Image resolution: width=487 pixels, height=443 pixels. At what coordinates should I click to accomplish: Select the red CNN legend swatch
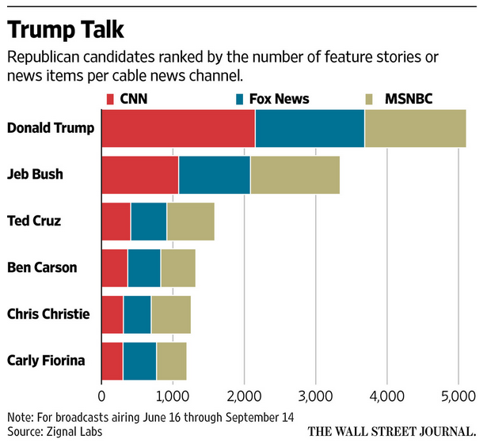pyautogui.click(x=111, y=99)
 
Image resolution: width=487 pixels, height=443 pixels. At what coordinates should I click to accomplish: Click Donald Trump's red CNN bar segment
pyautogui.click(x=178, y=127)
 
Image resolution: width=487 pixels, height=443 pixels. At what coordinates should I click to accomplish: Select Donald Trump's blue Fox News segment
pyautogui.click(x=310, y=127)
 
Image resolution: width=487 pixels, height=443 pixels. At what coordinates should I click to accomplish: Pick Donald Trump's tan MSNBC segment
pyautogui.click(x=415, y=127)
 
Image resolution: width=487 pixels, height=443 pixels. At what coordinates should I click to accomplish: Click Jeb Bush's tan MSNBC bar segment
pyautogui.click(x=295, y=174)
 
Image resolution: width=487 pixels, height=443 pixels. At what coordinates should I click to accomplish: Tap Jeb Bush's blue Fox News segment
pyautogui.click(x=214, y=174)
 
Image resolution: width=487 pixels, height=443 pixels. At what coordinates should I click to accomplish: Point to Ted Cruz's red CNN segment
pyautogui.click(x=116, y=221)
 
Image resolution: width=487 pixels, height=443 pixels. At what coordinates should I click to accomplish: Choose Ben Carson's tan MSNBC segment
pyautogui.click(x=177, y=267)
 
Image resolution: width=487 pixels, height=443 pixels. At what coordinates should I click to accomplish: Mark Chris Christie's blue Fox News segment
pyautogui.click(x=137, y=314)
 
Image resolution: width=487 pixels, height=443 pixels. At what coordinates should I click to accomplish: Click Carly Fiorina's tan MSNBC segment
pyautogui.click(x=171, y=361)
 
